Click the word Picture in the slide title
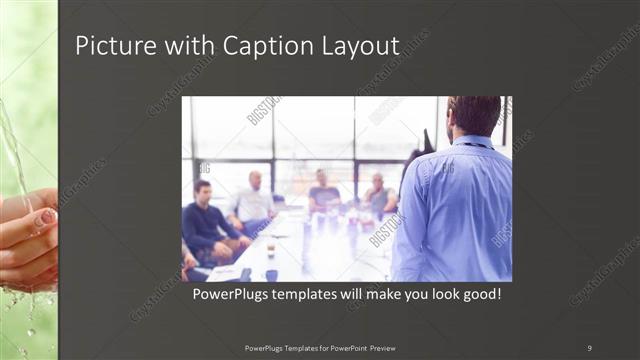click(x=111, y=46)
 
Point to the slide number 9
click(x=589, y=347)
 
